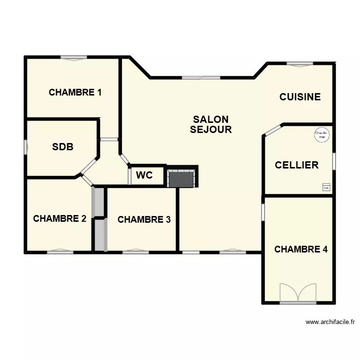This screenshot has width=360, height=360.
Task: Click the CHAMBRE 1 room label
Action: pyautogui.click(x=75, y=92)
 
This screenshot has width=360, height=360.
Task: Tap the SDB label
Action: pyautogui.click(x=62, y=147)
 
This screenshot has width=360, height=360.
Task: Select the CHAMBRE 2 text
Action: pyautogui.click(x=60, y=219)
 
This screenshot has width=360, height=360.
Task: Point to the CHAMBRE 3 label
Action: pyautogui.click(x=144, y=220)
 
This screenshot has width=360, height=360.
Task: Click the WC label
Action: pyautogui.click(x=144, y=175)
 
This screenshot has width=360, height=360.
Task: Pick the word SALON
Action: pyautogui.click(x=211, y=120)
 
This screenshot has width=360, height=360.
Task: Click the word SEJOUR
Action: pyautogui.click(x=211, y=130)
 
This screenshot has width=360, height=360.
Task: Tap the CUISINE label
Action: pyautogui.click(x=300, y=97)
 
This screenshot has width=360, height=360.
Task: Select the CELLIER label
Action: pyautogui.click(x=297, y=165)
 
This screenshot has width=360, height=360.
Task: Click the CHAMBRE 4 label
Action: pyautogui.click(x=301, y=250)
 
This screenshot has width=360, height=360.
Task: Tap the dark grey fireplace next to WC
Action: pyautogui.click(x=182, y=178)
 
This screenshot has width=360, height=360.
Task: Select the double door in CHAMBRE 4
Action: pyautogui.click(x=298, y=293)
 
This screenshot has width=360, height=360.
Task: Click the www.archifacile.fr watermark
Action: pyautogui.click(x=330, y=323)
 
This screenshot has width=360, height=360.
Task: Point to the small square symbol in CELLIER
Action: pyautogui.click(x=326, y=188)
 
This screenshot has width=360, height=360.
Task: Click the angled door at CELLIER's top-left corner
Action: pyautogui.click(x=274, y=130)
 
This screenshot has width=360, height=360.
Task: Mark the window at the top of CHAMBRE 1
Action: pyautogui.click(x=73, y=58)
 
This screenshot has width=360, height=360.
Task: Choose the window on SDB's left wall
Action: pyautogui.click(x=25, y=147)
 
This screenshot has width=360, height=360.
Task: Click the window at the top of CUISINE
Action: pyautogui.click(x=300, y=64)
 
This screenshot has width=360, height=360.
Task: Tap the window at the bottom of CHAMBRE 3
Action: pyautogui.click(x=135, y=251)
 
